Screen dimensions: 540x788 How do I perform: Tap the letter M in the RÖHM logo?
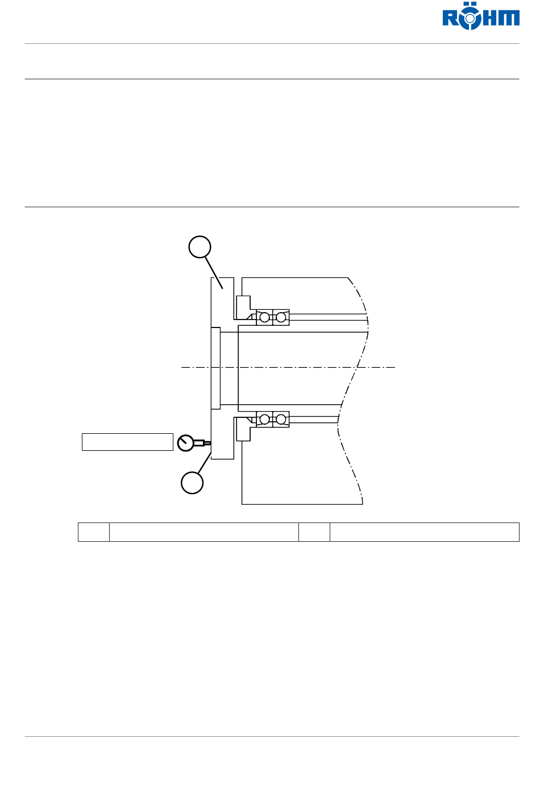[x=509, y=18]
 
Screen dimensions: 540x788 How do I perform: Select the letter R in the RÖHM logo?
[x=451, y=18]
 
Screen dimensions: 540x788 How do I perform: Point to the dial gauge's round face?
[x=186, y=443]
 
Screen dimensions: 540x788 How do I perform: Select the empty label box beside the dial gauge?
[x=127, y=442]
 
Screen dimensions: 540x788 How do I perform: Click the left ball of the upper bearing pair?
[x=264, y=317]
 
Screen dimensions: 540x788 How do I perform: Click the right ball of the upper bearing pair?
[x=281, y=317]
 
